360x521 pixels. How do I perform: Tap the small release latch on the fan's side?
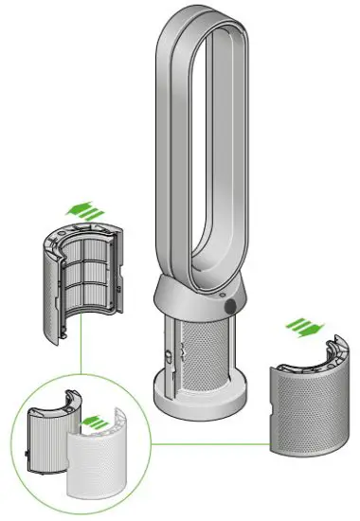pos(167,352)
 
